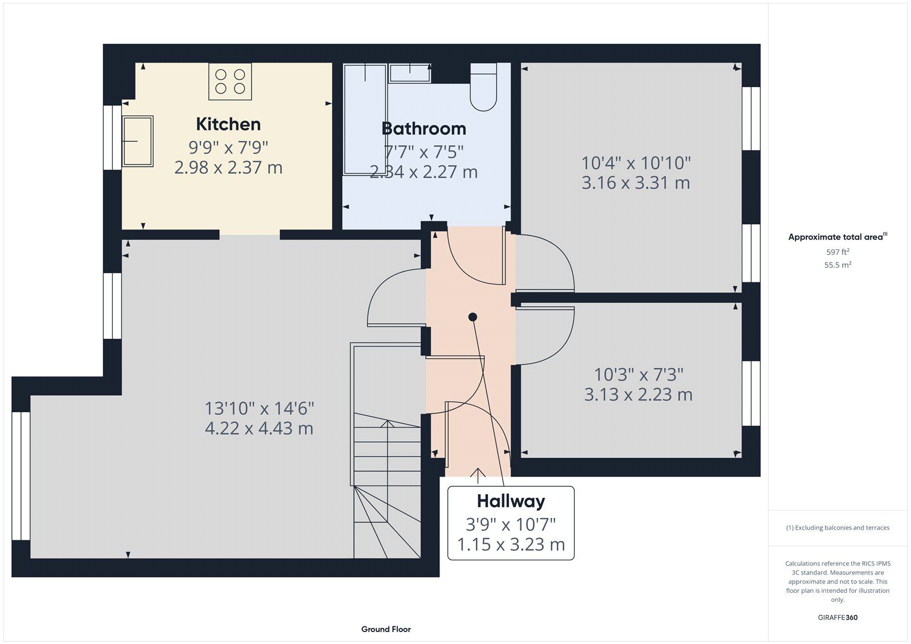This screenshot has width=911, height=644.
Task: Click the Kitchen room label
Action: click(228, 124)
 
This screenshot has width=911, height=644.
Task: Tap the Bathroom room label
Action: click(424, 129)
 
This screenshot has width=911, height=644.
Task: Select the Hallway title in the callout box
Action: click(511, 502)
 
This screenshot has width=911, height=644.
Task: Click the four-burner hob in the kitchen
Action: click(230, 81)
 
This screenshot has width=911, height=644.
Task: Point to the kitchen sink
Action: click(137, 141)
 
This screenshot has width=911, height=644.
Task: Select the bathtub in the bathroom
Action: click(365, 119)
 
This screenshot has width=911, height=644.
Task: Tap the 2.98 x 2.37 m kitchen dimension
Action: click(228, 167)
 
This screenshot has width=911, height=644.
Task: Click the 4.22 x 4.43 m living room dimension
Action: click(259, 428)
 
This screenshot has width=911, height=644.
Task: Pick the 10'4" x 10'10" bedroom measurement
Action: click(636, 163)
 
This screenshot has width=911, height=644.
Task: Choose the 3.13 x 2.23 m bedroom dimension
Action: click(638, 395)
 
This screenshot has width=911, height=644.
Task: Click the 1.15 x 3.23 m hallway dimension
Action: click(511, 545)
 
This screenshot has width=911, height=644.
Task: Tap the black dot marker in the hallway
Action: click(473, 317)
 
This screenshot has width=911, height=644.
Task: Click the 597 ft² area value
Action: click(838, 252)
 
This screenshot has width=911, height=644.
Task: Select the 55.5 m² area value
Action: click(838, 265)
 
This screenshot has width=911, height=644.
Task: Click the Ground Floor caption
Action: click(386, 629)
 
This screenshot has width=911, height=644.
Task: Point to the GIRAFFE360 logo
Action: click(838, 617)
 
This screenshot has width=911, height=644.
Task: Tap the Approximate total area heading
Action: click(838, 237)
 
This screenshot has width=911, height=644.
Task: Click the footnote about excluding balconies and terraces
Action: click(838, 528)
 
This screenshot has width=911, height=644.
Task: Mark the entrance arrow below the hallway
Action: click(478, 475)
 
